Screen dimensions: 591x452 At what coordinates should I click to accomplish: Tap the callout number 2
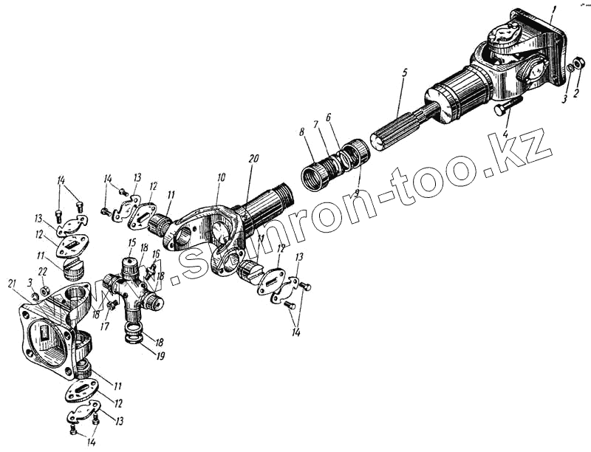[576, 94]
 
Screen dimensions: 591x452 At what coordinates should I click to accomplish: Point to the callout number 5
[404, 75]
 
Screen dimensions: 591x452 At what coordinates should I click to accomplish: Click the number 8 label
[301, 134]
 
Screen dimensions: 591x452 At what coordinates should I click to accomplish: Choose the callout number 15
[131, 242]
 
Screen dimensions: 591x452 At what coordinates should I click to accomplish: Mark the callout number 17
[104, 324]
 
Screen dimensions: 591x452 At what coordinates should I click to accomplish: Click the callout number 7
[315, 126]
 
